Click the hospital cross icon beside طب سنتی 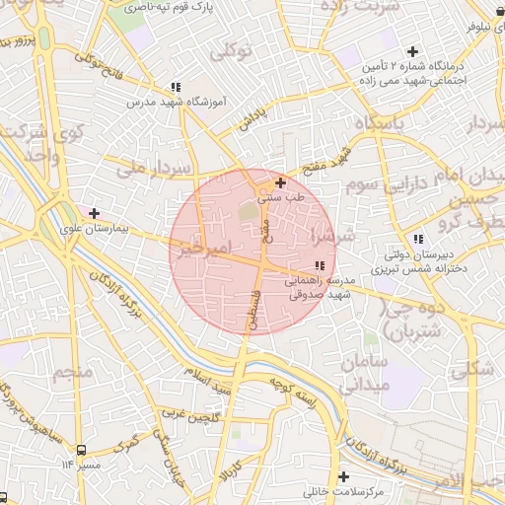pos(281,181)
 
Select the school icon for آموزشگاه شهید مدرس pos(176,87)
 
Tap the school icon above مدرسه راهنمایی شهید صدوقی pos(319,265)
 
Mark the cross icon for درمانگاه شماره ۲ pos(412,51)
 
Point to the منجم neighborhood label pos(73,373)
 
